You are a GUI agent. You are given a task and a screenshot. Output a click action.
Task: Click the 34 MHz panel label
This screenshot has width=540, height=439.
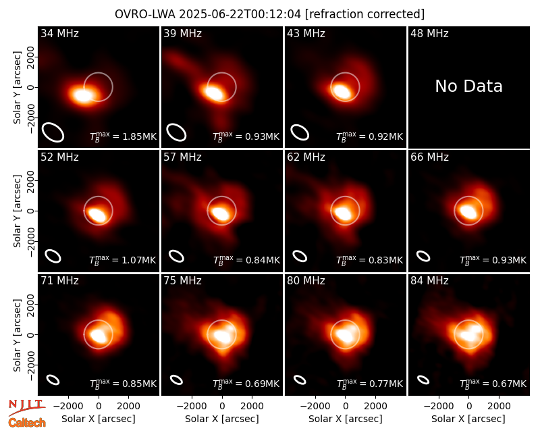pyautogui.click(x=59, y=33)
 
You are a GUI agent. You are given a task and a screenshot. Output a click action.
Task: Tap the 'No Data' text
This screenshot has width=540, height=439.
pyautogui.click(x=468, y=86)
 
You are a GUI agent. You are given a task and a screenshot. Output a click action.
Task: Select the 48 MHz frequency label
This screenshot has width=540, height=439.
pyautogui.click(x=429, y=33)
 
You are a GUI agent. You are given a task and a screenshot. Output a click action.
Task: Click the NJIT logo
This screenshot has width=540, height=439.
pyautogui.click(x=26, y=407)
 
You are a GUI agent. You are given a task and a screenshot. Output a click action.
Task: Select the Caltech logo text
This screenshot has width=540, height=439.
pyautogui.click(x=27, y=423)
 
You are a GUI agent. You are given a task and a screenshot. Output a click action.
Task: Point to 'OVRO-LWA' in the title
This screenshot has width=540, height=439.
pyautogui.click(x=145, y=14)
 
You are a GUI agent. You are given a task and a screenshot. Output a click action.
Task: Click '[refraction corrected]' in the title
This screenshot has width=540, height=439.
pyautogui.click(x=364, y=14)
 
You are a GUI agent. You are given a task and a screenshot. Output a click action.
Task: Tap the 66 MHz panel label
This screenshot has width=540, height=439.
pyautogui.click(x=429, y=157)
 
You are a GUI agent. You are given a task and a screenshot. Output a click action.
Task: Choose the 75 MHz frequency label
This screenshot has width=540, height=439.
pyautogui.click(x=182, y=281)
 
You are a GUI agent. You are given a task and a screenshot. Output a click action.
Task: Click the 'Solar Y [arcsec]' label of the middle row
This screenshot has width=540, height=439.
pyautogui.click(x=17, y=211)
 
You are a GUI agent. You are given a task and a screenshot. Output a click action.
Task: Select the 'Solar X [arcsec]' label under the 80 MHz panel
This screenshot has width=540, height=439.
pyautogui.click(x=346, y=419)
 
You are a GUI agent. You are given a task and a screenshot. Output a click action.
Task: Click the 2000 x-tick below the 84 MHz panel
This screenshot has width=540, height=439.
pyautogui.click(x=499, y=407)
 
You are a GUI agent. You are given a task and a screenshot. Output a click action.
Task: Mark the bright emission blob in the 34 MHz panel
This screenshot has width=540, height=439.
pyautogui.click(x=82, y=95)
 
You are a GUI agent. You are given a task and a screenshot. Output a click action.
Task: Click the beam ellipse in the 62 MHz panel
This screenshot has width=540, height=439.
pyautogui.click(x=300, y=256)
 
